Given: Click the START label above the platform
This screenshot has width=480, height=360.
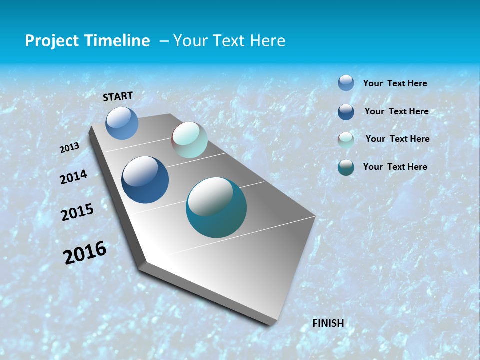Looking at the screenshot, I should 118,96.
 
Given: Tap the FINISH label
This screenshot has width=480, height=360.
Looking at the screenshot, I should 328,323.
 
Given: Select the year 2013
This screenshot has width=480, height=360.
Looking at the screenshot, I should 70,148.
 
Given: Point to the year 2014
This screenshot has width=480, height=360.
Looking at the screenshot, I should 74,177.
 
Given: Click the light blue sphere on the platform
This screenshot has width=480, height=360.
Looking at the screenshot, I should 122,123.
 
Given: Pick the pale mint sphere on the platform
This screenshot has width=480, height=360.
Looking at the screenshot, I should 189,140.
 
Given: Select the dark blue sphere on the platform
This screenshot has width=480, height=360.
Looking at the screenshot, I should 145,180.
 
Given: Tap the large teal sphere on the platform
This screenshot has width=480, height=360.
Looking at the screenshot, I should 216,207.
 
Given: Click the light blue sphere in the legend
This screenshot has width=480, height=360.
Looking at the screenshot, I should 346,83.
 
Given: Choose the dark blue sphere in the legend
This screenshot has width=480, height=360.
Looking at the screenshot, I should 346,112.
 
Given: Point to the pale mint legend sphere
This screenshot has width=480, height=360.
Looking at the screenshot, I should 346,140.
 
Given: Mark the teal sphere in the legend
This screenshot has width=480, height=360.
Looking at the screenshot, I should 346,168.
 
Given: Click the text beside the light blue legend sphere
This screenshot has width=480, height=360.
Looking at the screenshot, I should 395,83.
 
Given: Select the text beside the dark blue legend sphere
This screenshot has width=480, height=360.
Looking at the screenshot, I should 396,111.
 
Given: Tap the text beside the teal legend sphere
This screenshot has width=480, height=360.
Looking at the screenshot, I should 395,167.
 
